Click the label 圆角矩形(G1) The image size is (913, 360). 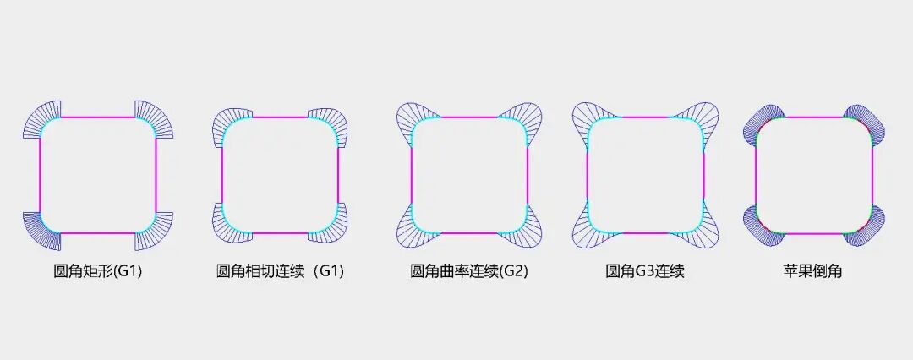pyautogui.click(x=97, y=272)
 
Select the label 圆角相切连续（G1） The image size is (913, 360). pyautogui.click(x=280, y=272)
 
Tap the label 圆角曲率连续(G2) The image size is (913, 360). pyautogui.click(x=469, y=272)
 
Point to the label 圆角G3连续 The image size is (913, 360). pyautogui.click(x=645, y=272)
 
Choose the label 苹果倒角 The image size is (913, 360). pyautogui.click(x=812, y=272)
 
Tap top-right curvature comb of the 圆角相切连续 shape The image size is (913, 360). pyautogui.click(x=331, y=124)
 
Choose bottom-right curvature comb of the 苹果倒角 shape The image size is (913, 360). pyautogui.click(x=871, y=224)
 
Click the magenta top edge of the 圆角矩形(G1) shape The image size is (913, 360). pyautogui.click(x=97, y=117)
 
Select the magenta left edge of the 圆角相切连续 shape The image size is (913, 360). pyautogui.click(x=221, y=175)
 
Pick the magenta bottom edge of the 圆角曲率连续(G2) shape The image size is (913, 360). pyautogui.click(x=469, y=233)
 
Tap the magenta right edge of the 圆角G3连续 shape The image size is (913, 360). pyautogui.click(x=703, y=175)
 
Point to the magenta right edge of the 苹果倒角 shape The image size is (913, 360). pyautogui.click(x=871, y=175)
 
